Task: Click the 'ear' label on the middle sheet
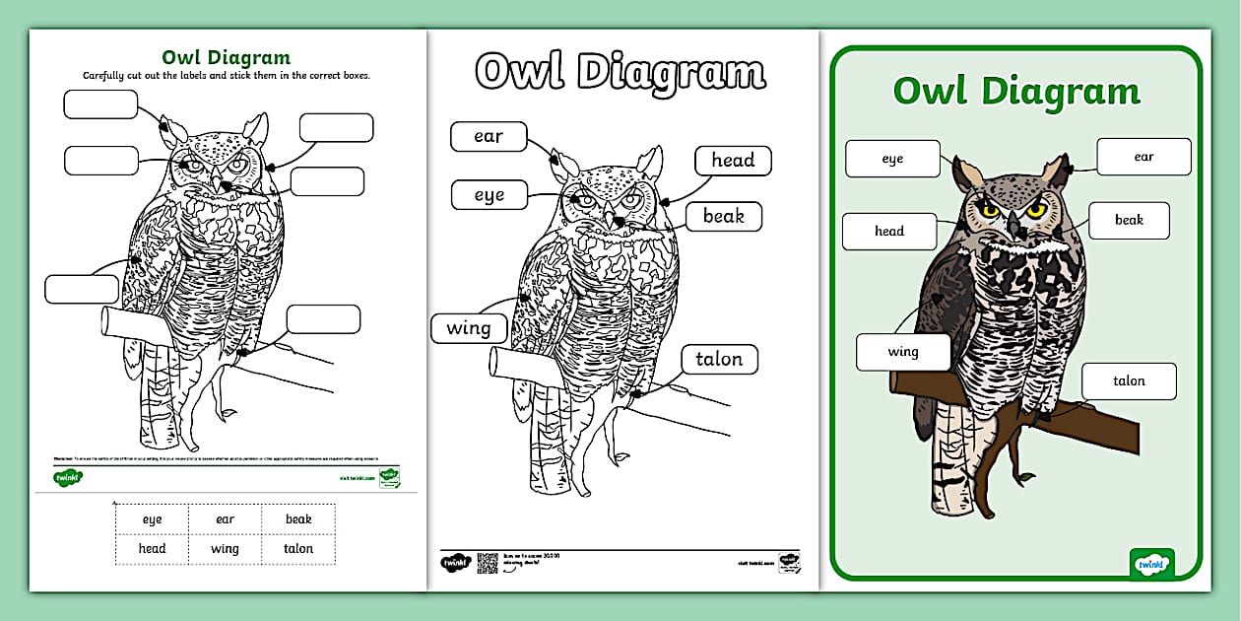pos(489,137)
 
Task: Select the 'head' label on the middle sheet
pos(733,161)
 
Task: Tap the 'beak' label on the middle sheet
pos(723,217)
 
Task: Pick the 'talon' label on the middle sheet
pos(719,360)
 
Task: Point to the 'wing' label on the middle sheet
pos(469,328)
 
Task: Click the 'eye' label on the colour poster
pos(892,159)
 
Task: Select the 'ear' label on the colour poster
pos(1143,157)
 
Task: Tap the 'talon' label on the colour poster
pos(1129,381)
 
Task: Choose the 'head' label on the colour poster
pos(888,232)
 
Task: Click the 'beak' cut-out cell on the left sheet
pos(298,519)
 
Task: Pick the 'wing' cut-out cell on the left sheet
pos(225,549)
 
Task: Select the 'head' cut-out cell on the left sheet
pos(152,549)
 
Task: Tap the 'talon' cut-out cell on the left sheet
pos(298,549)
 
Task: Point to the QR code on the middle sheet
pos(488,563)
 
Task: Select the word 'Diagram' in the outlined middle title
pos(671,72)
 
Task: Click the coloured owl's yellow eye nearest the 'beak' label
pos(1036,210)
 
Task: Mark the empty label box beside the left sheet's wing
pos(82,289)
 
